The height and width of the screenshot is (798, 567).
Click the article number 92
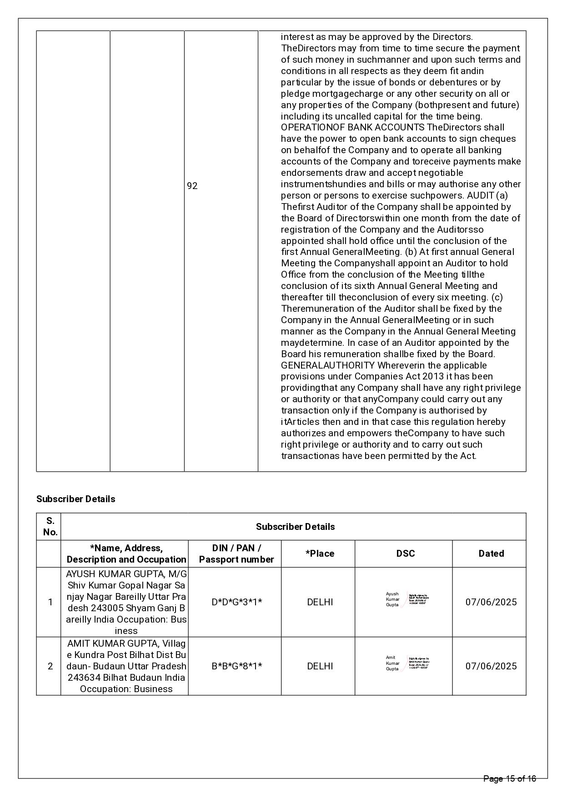pos(192,186)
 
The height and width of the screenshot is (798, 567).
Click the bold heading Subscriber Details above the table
pos(75,499)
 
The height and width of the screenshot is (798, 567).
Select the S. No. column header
pos(50,526)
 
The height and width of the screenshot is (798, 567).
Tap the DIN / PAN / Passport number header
pos(236,554)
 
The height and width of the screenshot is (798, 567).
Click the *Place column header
pos(320,554)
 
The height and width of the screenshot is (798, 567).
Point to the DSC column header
pos(405,554)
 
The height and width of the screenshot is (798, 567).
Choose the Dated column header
pos(491,554)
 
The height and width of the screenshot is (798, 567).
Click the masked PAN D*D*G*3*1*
pos(237,602)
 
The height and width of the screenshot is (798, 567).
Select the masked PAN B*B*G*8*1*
pos(237,666)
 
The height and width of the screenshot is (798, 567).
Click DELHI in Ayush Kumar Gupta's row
pos(320,602)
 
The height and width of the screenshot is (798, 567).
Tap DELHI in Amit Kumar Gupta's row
pos(320,666)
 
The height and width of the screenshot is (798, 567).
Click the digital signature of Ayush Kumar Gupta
pos(406,599)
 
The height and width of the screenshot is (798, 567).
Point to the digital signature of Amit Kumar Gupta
pos(406,663)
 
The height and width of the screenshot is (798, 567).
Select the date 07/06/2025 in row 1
pos(491,602)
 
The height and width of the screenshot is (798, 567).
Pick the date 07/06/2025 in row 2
pos(491,666)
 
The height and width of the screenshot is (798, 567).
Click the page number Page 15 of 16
pos(510,779)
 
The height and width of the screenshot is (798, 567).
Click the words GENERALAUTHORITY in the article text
pos(327,365)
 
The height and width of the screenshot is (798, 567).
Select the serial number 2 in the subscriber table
pos(50,666)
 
